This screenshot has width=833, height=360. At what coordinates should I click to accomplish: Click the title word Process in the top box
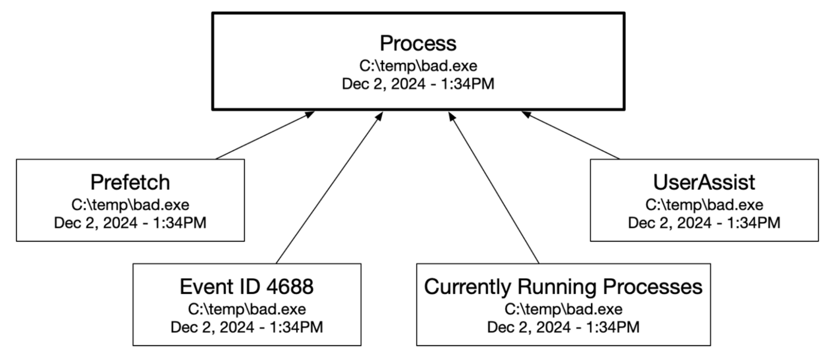(x=418, y=43)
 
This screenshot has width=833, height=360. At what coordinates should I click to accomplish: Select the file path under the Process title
(x=418, y=66)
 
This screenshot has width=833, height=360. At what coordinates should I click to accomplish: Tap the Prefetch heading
(x=130, y=183)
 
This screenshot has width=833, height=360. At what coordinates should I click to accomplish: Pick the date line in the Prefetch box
(x=130, y=223)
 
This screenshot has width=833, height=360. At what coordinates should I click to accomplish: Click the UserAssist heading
(x=704, y=183)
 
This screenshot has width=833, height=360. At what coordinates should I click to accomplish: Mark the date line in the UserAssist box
(x=704, y=223)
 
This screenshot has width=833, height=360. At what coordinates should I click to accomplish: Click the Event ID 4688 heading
(x=247, y=287)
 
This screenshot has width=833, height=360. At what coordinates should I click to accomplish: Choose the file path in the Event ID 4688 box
(x=247, y=310)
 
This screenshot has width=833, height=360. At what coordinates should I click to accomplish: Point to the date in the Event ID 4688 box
(x=247, y=327)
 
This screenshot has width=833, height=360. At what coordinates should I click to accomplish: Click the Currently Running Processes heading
(x=563, y=287)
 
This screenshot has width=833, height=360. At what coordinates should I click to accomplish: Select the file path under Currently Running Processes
(x=563, y=310)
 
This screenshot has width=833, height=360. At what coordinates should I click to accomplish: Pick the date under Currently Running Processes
(x=563, y=327)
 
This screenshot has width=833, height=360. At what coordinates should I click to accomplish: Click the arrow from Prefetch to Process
(x=265, y=136)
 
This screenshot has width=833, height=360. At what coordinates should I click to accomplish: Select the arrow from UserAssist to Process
(x=571, y=136)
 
